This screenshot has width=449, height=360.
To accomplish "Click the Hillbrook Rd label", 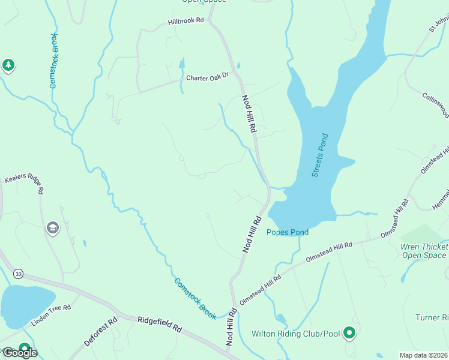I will pos(186,20).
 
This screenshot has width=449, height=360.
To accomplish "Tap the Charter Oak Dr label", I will pos(208,77).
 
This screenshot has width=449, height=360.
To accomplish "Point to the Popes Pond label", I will pos(288,232).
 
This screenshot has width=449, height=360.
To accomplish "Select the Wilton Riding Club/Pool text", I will pos(295,334).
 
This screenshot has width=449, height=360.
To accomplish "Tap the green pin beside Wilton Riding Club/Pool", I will pos(350,332).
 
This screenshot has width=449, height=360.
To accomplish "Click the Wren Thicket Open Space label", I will pos(424,251).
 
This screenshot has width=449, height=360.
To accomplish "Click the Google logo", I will pos(20,353).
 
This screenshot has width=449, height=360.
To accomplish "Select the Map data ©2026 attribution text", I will pos(423,355).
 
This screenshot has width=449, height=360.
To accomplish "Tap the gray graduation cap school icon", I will pos(53,228).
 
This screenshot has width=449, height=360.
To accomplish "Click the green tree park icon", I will pos(8,65).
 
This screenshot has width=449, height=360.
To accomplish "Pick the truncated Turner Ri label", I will pos(432,317).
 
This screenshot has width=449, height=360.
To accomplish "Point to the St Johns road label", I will pos(438,24).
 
